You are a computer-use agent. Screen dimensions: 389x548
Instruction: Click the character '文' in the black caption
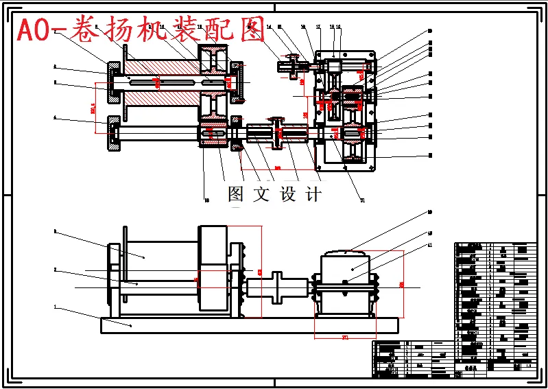tap(261, 194)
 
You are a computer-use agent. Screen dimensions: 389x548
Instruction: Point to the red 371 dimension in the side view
tap(346, 337)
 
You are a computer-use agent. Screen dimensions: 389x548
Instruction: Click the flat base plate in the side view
tap(248, 325)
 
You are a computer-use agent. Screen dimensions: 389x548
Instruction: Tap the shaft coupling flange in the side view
tap(278, 285)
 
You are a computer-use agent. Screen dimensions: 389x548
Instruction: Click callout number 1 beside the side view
tap(54, 306)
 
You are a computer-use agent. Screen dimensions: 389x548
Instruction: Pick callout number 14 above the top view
tap(270, 27)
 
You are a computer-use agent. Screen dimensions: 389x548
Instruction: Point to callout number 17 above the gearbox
tap(318, 27)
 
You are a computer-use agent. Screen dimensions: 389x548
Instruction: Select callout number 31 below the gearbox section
tap(363, 200)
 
